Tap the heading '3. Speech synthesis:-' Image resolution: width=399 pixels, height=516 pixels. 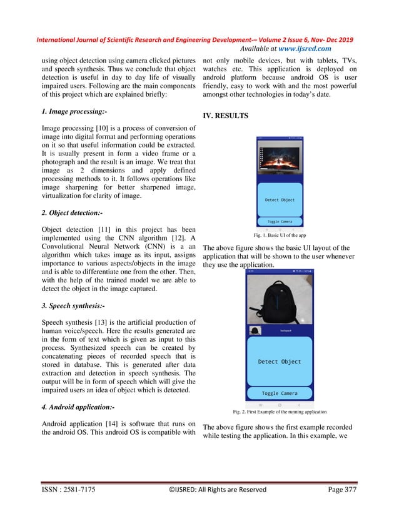pos(69,315)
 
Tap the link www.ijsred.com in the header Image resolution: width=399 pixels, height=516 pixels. pos(301,49)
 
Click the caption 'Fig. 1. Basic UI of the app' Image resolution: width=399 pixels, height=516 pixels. pos(280,236)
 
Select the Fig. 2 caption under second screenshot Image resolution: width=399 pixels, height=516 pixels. pos(280,412)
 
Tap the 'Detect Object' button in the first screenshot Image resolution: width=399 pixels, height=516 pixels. pos(280,200)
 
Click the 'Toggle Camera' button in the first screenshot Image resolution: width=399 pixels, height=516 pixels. pos(280,221)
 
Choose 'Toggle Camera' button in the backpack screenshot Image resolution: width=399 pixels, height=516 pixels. pos(280,394)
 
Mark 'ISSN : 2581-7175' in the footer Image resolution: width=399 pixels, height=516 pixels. pos(68,490)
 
